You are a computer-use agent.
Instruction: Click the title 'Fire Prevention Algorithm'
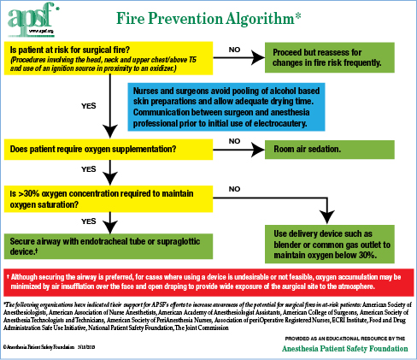[207, 18]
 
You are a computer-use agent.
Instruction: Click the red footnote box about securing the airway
[208, 282]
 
